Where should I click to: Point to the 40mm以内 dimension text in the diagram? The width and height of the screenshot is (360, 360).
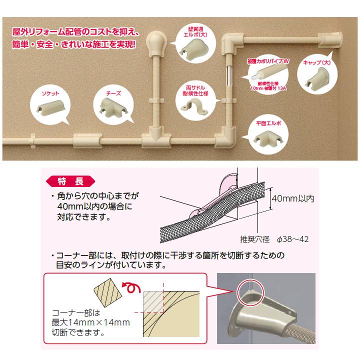click(x=291, y=199)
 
